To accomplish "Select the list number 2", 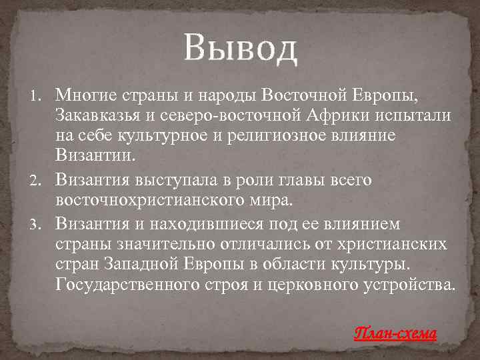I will point(38,180).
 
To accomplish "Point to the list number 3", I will point(38,223).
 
